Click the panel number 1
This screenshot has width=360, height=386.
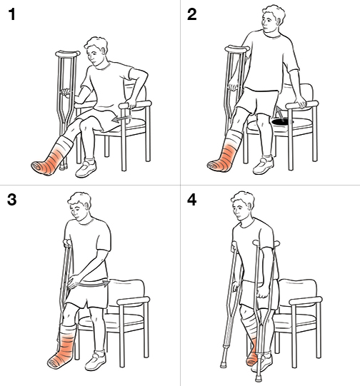pos(11,15)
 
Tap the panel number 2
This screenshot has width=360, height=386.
pos(192,15)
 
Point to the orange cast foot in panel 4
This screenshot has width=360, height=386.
pos(251,354)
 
